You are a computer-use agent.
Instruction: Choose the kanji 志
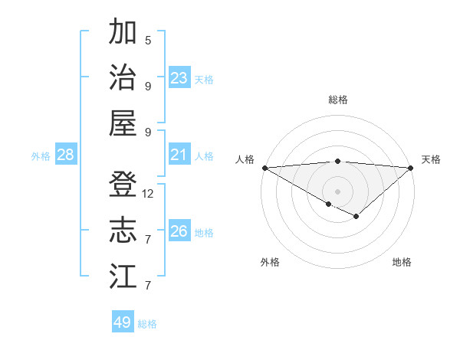click(123, 231)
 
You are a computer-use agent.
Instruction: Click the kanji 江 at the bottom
click(123, 276)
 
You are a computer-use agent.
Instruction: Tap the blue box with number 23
click(179, 78)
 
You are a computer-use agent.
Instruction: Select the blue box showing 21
click(179, 155)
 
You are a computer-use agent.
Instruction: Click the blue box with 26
click(179, 231)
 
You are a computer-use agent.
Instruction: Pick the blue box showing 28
click(66, 155)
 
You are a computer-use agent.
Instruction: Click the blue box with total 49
click(123, 322)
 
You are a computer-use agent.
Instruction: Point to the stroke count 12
click(148, 194)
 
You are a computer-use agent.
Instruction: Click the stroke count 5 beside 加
click(148, 40)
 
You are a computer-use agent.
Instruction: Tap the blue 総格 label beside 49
click(148, 324)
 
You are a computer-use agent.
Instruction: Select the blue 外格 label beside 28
click(41, 156)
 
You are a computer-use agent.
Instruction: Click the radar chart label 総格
click(338, 100)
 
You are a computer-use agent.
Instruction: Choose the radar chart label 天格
click(431, 159)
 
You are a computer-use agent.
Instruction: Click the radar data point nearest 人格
click(264, 168)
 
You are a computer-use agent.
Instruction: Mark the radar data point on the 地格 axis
click(356, 217)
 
